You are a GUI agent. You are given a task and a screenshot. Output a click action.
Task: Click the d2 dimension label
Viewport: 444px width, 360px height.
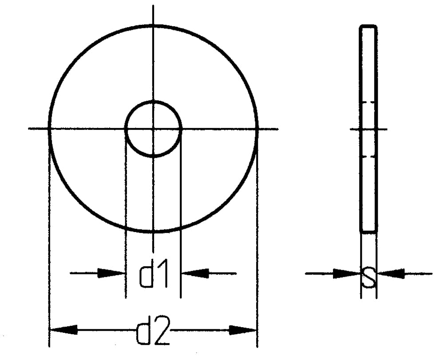tap(154, 331)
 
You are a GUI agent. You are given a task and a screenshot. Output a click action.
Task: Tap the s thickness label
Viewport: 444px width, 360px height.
tap(368, 276)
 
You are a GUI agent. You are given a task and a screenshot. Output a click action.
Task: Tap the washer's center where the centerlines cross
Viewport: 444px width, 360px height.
tap(154, 129)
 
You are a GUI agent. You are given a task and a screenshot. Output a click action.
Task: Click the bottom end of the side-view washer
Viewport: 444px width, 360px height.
tap(369, 231)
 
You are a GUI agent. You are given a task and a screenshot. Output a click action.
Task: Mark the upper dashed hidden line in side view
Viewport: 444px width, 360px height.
tap(369, 103)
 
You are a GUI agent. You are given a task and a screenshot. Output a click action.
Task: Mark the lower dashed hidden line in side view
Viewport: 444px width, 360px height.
tap(369, 156)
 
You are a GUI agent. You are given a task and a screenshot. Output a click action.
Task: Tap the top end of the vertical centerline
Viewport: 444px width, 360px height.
tap(154, 7)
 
